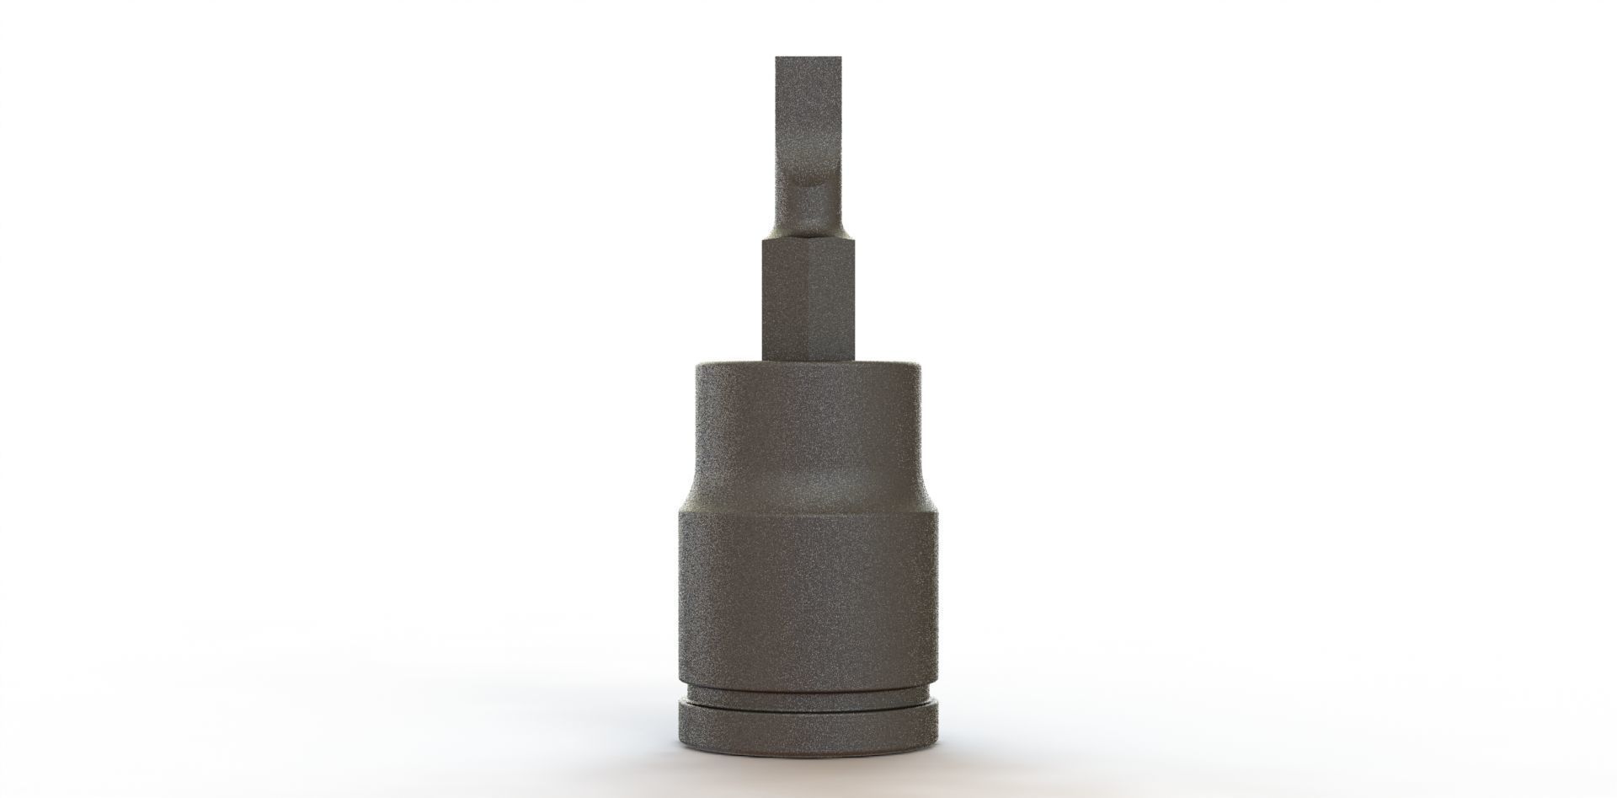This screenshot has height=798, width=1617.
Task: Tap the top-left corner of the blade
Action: (x=776, y=59)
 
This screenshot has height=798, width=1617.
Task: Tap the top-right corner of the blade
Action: (x=841, y=59)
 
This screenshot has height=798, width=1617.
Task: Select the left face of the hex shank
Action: (x=784, y=299)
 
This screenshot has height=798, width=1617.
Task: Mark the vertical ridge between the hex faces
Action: (x=808, y=299)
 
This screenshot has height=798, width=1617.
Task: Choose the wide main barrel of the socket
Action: (x=808, y=590)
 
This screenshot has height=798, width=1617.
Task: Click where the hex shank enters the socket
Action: (x=808, y=361)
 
